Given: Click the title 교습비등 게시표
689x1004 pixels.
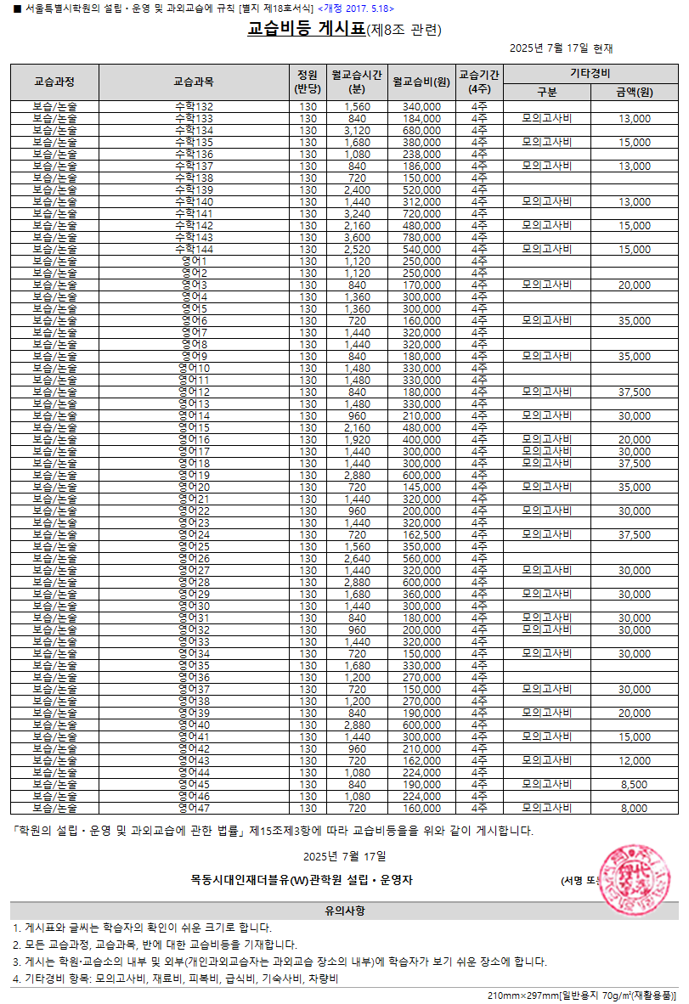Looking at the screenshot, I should (x=306, y=30).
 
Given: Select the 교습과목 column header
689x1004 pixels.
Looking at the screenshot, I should (x=193, y=82).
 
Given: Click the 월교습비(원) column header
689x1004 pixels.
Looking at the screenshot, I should (x=421, y=82).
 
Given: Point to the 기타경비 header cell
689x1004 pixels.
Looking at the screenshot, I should (x=591, y=72).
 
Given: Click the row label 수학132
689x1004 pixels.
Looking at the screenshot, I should (x=193, y=106).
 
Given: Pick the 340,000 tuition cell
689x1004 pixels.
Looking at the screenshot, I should (x=421, y=106).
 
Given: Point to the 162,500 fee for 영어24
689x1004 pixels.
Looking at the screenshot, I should (x=421, y=534).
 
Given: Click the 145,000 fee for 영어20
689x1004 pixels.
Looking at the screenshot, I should (x=421, y=487).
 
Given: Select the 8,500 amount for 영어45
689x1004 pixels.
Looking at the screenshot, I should (x=635, y=784).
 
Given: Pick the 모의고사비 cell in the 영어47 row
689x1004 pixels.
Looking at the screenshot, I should (x=547, y=808).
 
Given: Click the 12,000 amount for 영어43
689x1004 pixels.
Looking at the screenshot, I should (x=635, y=760).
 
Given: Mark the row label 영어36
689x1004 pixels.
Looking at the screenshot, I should (x=193, y=677).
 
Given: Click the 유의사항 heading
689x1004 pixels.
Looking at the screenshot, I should (x=344, y=911).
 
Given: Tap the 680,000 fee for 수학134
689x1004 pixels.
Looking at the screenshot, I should (x=421, y=130).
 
